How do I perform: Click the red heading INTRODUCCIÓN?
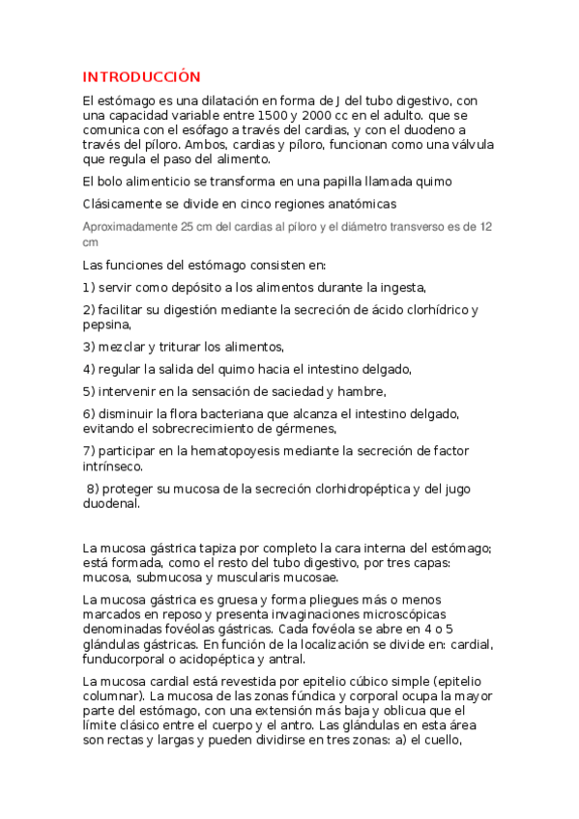pyautogui.click(x=141, y=77)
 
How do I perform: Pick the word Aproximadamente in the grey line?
pyautogui.click(x=130, y=227)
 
